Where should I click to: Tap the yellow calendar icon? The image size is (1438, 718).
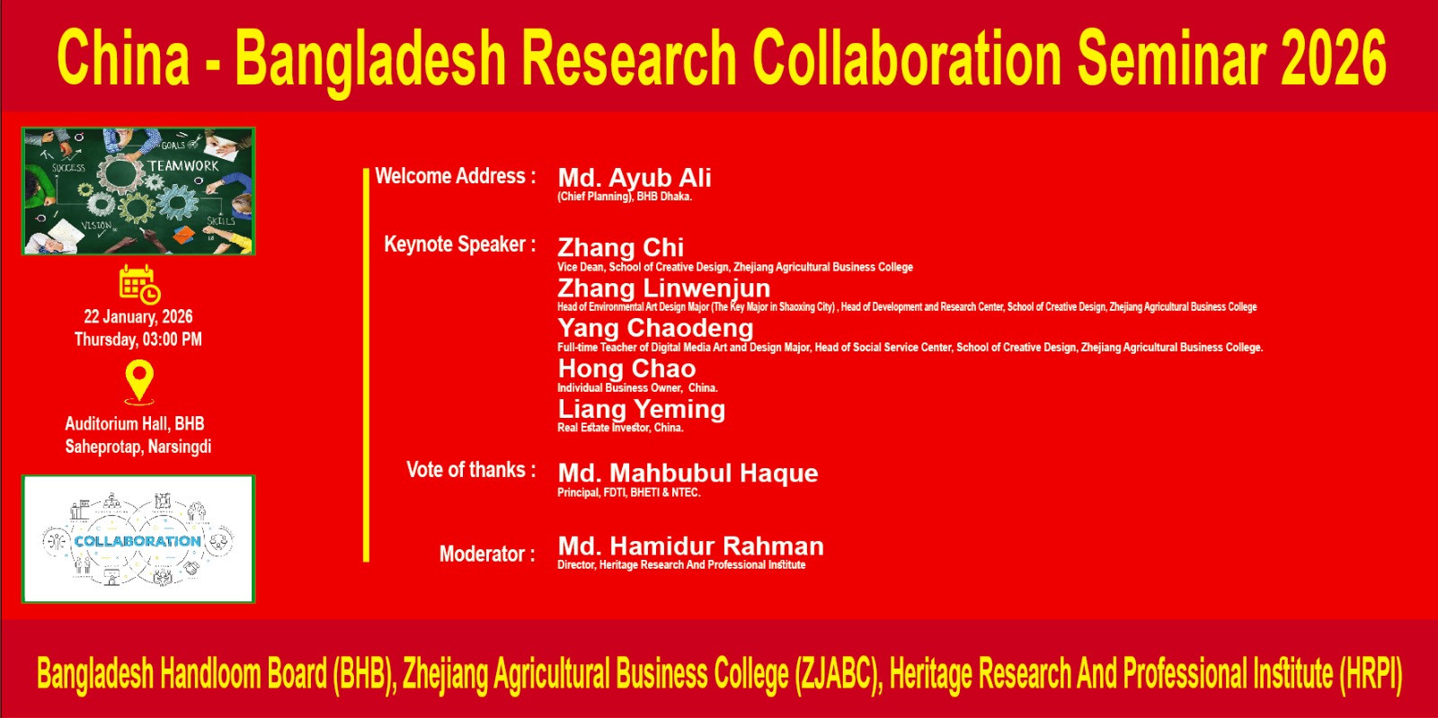[139, 284]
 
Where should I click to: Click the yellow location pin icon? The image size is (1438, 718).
[139, 383]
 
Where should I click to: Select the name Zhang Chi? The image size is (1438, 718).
[620, 248]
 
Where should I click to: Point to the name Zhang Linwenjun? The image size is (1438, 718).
[664, 288]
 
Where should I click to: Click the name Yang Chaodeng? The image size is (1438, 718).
[655, 328]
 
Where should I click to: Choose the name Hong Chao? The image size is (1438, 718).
[626, 368]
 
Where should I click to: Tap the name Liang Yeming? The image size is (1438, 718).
[642, 409]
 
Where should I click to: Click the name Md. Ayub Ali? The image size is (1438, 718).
[635, 178]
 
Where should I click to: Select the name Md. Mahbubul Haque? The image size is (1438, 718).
[688, 473]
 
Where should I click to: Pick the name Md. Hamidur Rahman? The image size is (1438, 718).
[691, 546]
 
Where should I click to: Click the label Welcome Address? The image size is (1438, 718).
[455, 176]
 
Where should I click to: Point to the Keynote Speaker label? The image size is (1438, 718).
[459, 244]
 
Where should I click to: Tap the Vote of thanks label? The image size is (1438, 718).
[471, 470]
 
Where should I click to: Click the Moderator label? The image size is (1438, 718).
[487, 554]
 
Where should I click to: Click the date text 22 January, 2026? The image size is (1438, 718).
[138, 317]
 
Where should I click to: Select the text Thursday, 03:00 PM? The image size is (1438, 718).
[138, 340]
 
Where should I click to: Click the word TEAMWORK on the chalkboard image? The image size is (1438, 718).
[183, 166]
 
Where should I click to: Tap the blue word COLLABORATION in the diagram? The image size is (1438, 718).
[138, 541]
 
